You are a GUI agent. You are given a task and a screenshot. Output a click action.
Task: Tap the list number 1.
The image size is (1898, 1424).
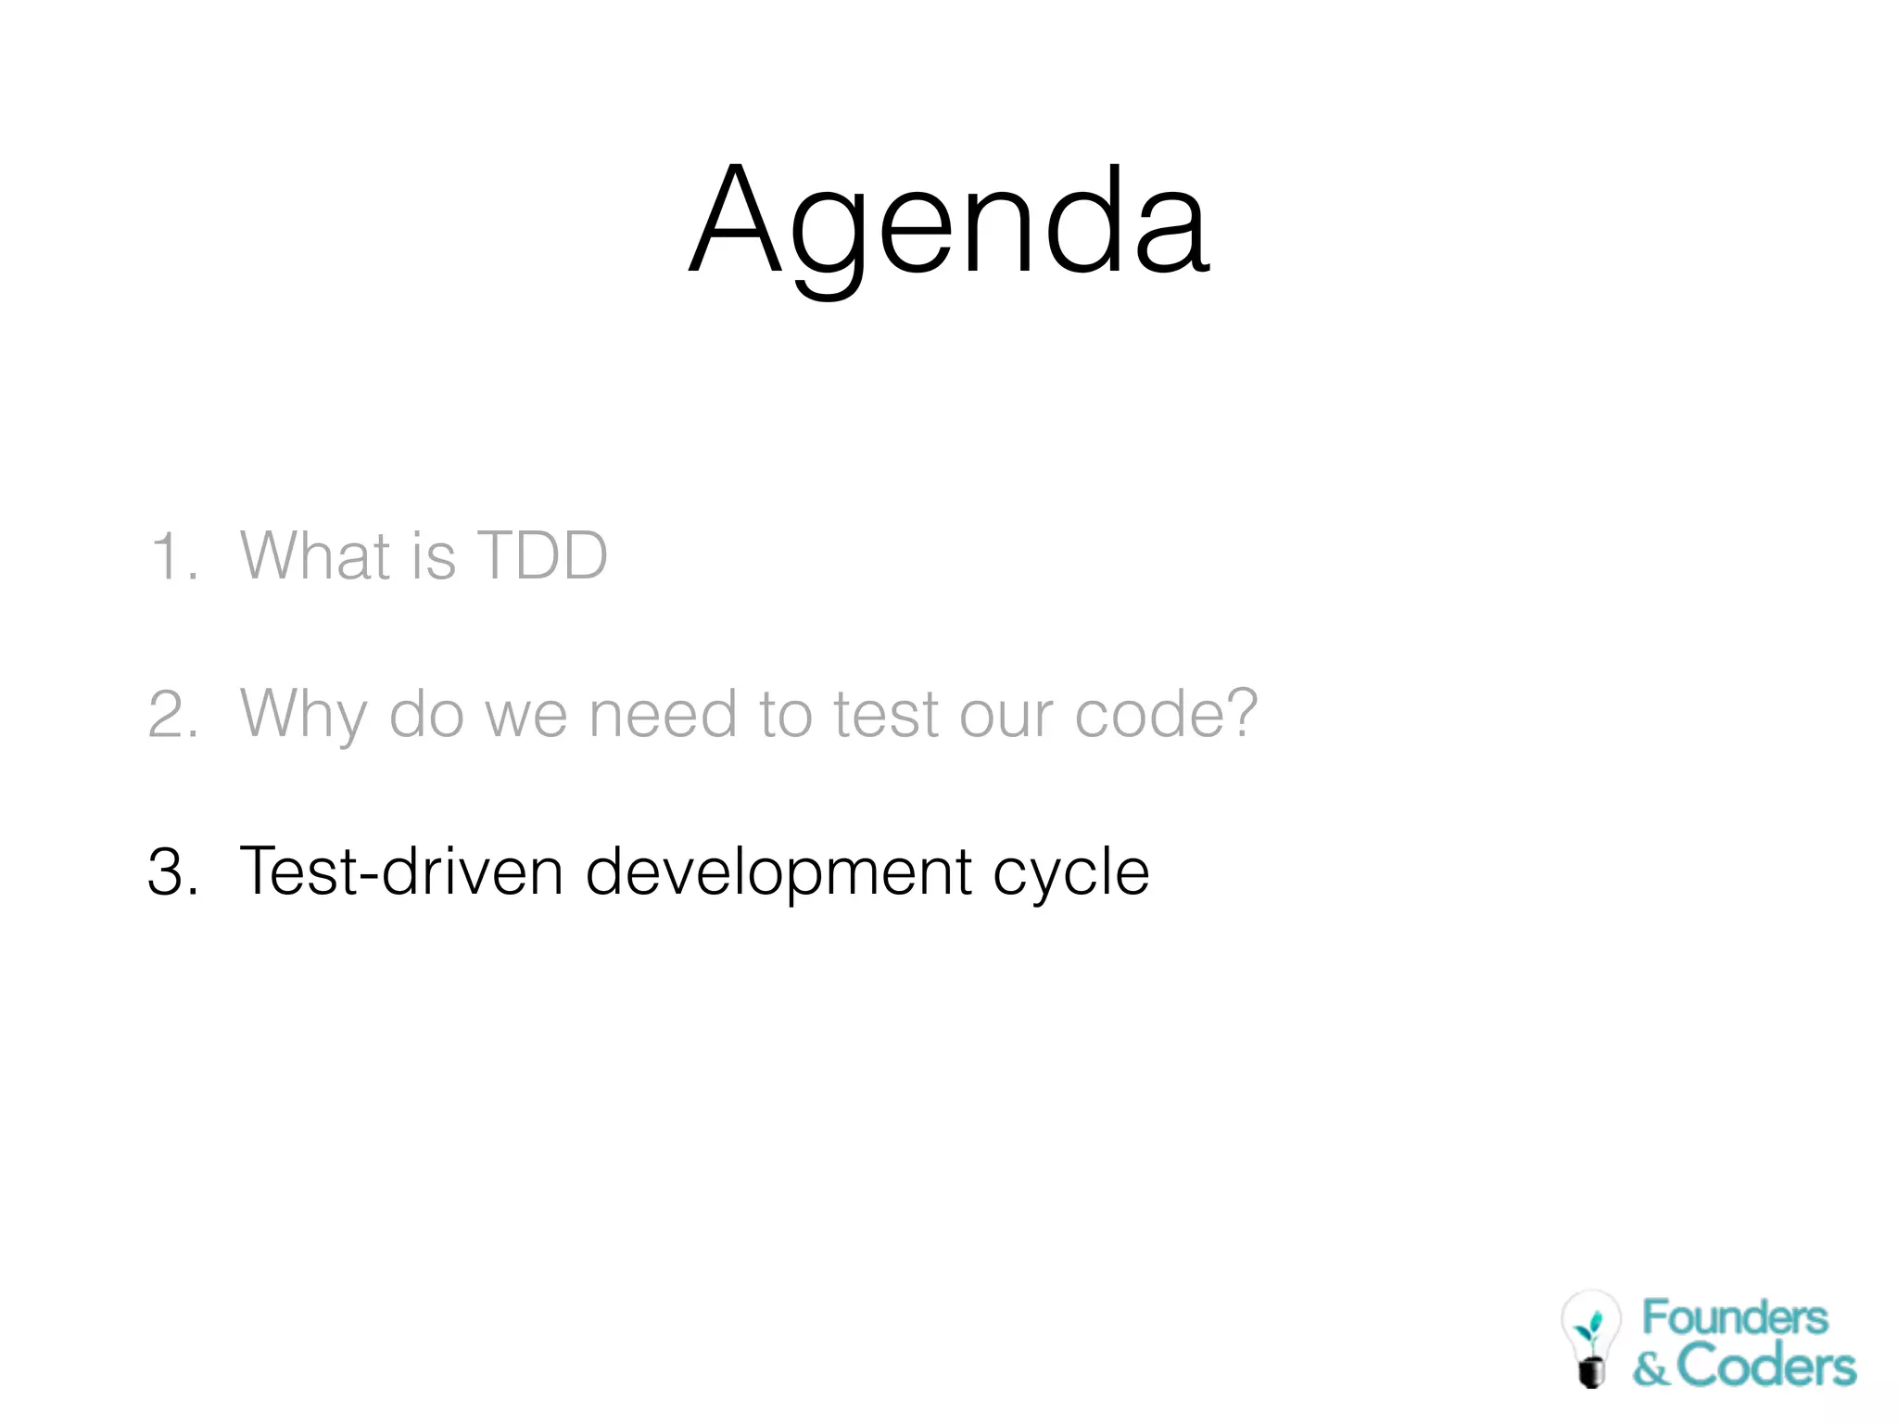pyautogui.click(x=171, y=556)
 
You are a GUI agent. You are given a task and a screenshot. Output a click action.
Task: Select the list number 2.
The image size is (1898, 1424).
pyautogui.click(x=171, y=714)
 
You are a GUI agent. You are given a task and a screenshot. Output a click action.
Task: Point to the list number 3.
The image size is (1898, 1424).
pyautogui.click(x=171, y=871)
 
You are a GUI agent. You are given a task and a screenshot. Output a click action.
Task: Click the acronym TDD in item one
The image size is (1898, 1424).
pyautogui.click(x=542, y=556)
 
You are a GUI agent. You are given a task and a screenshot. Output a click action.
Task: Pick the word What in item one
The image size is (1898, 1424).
pyautogui.click(x=315, y=556)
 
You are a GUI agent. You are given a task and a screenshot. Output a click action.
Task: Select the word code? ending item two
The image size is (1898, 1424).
pyautogui.click(x=1166, y=714)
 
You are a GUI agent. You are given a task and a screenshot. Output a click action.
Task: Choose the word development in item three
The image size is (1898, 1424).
pyautogui.click(x=778, y=871)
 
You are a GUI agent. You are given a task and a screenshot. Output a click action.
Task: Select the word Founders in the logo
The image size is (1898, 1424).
pyautogui.click(x=1735, y=1317)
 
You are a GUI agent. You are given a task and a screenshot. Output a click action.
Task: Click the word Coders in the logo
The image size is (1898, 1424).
pyautogui.click(x=1766, y=1367)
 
